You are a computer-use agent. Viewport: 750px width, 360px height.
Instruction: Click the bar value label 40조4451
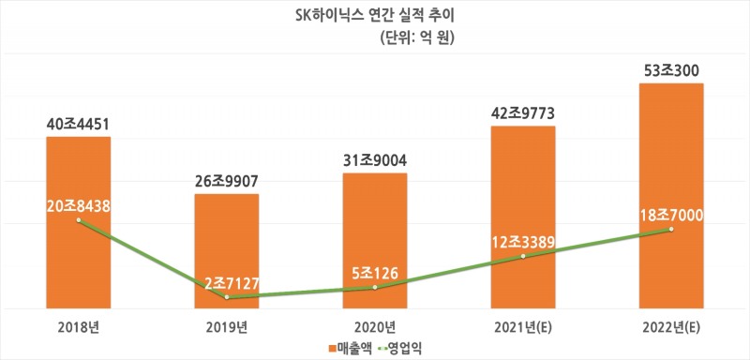coord(79,123)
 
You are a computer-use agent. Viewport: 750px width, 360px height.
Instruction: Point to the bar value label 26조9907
coord(226,180)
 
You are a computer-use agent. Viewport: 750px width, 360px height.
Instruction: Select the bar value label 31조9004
coord(374,158)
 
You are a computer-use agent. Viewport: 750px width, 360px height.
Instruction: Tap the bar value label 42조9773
coord(522,112)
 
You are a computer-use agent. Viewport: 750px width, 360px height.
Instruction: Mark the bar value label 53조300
coord(670,69)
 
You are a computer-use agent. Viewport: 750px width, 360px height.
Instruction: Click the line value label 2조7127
coord(226,282)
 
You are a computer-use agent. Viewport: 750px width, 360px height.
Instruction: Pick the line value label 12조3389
coord(522,244)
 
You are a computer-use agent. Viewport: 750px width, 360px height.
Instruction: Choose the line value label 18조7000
coord(670,216)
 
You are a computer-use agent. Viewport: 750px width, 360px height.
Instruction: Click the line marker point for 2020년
coord(374,287)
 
